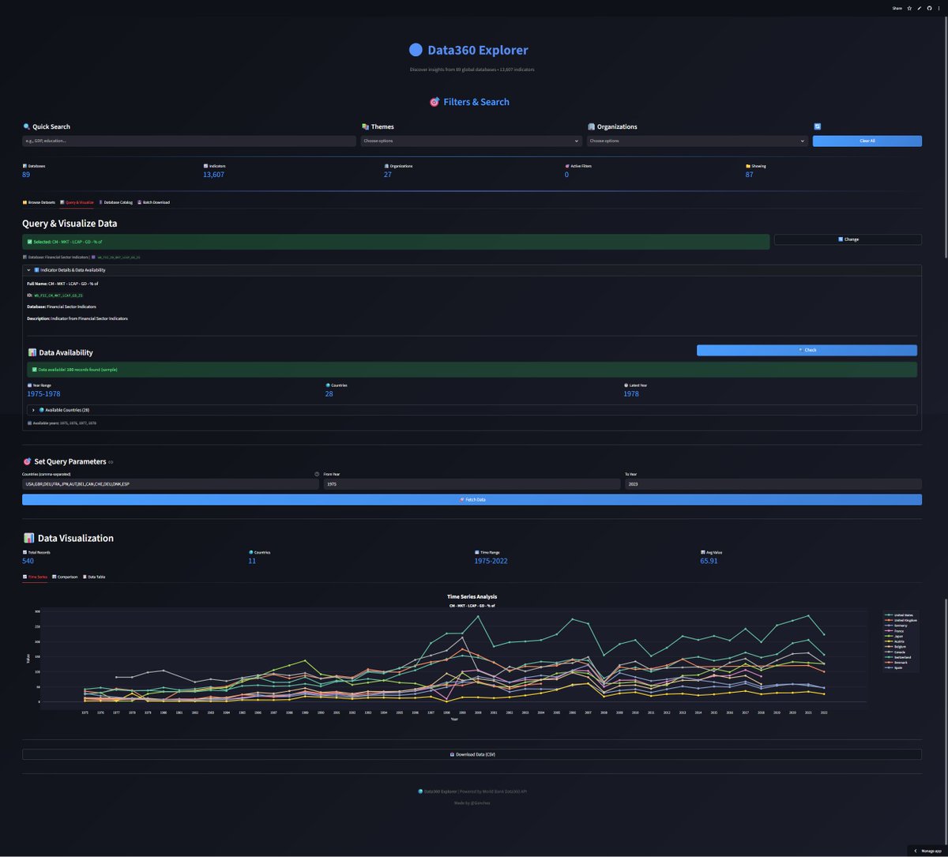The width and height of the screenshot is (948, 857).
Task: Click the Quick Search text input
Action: pos(190,141)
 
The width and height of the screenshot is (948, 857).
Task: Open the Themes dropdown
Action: pos(471,141)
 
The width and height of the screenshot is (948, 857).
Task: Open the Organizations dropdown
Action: pos(697,141)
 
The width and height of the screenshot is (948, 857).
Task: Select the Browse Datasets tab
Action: pos(39,202)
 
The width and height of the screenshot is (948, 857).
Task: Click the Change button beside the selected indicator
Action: pos(848,239)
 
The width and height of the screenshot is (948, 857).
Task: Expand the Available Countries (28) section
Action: pos(63,410)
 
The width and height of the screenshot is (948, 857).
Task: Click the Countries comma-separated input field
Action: pos(170,483)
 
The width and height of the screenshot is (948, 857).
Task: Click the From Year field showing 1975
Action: pos(471,483)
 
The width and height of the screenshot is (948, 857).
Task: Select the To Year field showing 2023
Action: pos(773,483)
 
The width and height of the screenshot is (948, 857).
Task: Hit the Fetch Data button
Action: pos(472,499)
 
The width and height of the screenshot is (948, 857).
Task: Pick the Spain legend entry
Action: pos(899,667)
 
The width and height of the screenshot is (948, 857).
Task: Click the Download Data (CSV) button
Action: pos(472,754)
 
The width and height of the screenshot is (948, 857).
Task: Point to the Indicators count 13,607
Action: pos(213,175)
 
